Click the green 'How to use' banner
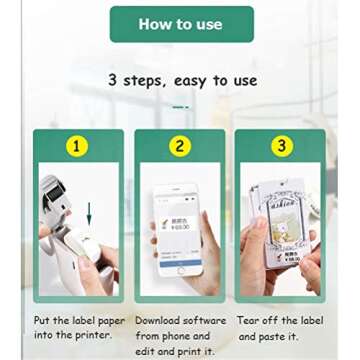[x=182, y=24]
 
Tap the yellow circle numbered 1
[x=78, y=146]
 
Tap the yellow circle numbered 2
[x=180, y=146]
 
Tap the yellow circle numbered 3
[x=281, y=146]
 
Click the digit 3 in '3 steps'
[x=114, y=81]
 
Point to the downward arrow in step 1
[x=89, y=213]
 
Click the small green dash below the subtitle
[x=180, y=105]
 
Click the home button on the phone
[x=181, y=270]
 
